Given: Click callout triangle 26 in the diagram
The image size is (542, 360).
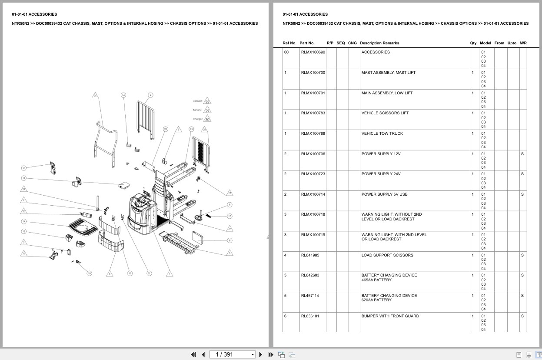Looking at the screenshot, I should pyautogui.click(x=95, y=95).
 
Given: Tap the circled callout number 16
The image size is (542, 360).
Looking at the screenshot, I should pyautogui.click(x=123, y=95).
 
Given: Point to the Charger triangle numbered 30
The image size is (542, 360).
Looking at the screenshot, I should pyautogui.click(x=207, y=119).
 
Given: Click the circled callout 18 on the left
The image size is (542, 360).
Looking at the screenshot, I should pyautogui.click(x=24, y=168).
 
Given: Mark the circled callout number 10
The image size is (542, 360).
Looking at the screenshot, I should pyautogui.click(x=89, y=273).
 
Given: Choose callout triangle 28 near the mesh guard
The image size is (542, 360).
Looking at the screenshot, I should pyautogui.click(x=204, y=129).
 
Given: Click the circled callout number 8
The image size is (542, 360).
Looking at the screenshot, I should pyautogui.click(x=229, y=240).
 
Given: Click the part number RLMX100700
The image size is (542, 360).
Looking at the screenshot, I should pyautogui.click(x=313, y=73).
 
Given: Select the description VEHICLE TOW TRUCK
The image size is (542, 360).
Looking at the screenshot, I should pyautogui.click(x=377, y=133).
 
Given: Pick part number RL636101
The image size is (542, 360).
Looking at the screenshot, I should pyautogui.click(x=310, y=316).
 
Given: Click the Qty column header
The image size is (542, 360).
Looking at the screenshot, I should pyautogui.click(x=473, y=43).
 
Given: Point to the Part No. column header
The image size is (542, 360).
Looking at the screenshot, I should pyautogui.click(x=307, y=43).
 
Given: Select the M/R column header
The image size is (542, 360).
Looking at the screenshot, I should pyautogui.click(x=523, y=43).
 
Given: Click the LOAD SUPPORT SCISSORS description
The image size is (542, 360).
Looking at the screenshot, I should pyautogui.click(x=387, y=255).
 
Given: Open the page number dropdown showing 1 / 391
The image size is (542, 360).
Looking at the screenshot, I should pyautogui.click(x=233, y=354).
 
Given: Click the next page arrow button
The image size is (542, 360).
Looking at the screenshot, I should pyautogui.click(x=261, y=354).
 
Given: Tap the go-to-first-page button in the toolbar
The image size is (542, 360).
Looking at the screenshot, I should pyautogui.click(x=193, y=354).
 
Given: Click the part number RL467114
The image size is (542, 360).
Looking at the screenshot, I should pyautogui.click(x=310, y=296).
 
